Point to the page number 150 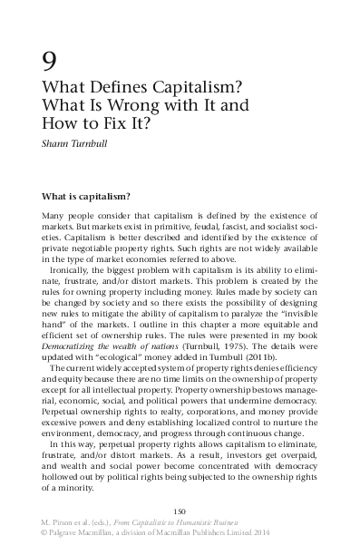[x=180, y=526]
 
